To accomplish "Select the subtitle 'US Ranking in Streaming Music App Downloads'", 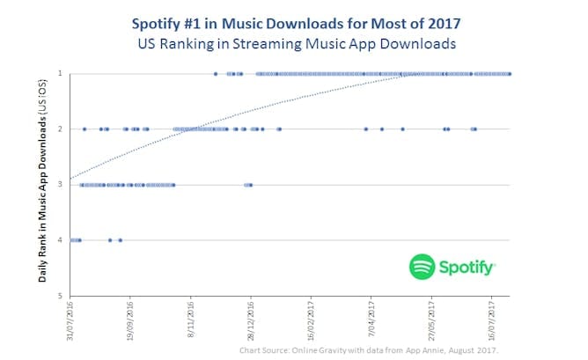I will click(294, 41).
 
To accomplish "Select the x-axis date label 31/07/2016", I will click(71, 321).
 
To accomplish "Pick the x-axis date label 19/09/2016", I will click(131, 321).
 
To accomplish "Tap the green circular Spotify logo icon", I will click(423, 267).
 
